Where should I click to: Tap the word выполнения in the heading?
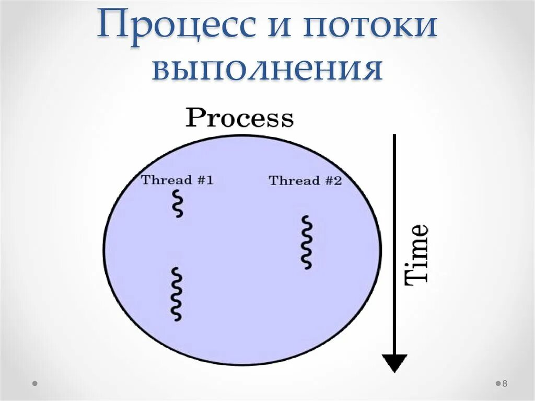click(x=267, y=70)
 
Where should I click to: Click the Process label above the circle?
click(x=240, y=118)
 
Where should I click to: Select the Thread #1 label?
click(x=177, y=180)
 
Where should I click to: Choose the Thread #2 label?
click(x=305, y=181)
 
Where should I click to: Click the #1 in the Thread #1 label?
click(x=205, y=180)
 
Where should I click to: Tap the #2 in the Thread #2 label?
click(x=333, y=181)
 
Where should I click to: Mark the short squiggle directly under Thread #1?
click(x=178, y=204)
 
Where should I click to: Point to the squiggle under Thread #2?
click(x=307, y=243)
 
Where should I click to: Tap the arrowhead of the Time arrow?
click(x=394, y=362)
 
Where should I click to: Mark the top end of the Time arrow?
click(x=394, y=136)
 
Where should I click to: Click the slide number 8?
click(x=505, y=384)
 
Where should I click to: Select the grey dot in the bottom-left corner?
click(x=35, y=383)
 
